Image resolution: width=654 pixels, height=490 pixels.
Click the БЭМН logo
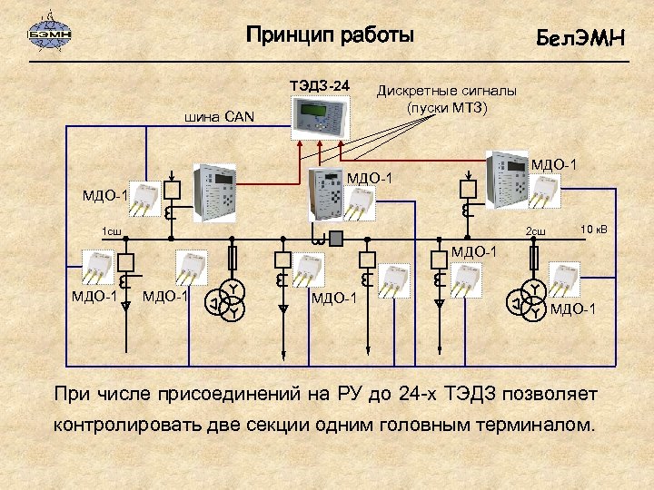click(50, 34)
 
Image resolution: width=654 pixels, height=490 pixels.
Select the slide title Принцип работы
click(330, 35)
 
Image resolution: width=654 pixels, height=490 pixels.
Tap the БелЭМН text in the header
click(580, 38)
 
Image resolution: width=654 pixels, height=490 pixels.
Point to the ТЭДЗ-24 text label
click(319, 85)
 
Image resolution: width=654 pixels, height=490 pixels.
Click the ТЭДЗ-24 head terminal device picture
click(319, 115)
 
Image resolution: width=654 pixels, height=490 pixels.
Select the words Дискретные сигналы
click(447, 92)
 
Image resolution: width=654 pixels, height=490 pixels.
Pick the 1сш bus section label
click(112, 231)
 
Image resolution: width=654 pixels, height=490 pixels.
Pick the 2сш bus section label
click(536, 230)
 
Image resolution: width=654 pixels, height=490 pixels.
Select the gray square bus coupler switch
click(336, 240)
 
